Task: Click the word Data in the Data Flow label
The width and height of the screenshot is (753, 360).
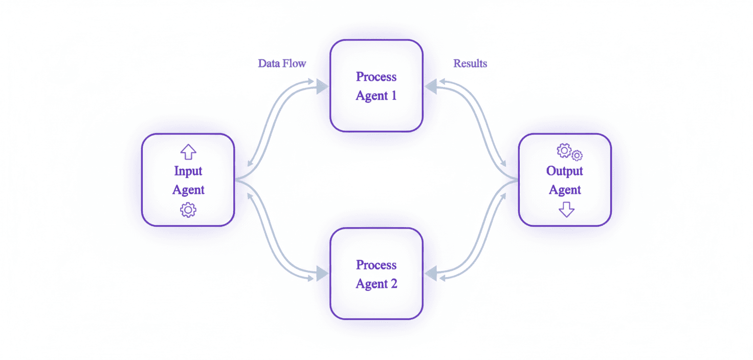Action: pyautogui.click(x=269, y=63)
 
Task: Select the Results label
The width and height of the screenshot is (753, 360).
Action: pyautogui.click(x=470, y=63)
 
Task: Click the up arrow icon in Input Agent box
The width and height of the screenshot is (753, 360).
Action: pyautogui.click(x=188, y=151)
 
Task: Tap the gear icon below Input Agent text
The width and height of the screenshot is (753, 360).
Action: pyautogui.click(x=188, y=210)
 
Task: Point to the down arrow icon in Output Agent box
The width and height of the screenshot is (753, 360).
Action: pyautogui.click(x=566, y=209)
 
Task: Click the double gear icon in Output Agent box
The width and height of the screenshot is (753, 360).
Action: pyautogui.click(x=569, y=152)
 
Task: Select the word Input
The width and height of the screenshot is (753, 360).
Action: pyautogui.click(x=188, y=171)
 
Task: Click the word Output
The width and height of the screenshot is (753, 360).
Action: pyautogui.click(x=565, y=171)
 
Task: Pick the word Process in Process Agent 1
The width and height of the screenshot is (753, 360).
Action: pyautogui.click(x=376, y=77)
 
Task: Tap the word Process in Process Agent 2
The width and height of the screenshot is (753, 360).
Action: pyautogui.click(x=376, y=265)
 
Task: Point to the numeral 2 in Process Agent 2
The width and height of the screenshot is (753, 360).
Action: pyautogui.click(x=393, y=284)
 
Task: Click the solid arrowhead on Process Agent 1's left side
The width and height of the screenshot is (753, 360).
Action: pyautogui.click(x=322, y=87)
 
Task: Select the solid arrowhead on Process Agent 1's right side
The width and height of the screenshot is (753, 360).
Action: pyautogui.click(x=431, y=87)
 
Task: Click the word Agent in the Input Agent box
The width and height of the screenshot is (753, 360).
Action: pyautogui.click(x=188, y=190)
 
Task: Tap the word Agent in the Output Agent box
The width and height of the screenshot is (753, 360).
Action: pyautogui.click(x=565, y=190)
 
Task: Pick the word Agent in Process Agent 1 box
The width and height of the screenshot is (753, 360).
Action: pyautogui.click(x=371, y=96)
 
